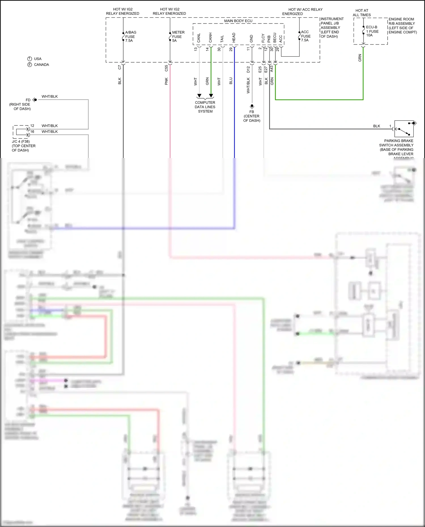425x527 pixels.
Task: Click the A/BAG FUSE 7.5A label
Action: (130, 37)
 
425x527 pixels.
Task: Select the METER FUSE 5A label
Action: (178, 37)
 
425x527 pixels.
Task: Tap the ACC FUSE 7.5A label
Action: (305, 36)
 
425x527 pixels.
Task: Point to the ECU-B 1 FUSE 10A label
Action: (372, 31)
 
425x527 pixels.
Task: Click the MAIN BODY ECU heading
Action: (238, 21)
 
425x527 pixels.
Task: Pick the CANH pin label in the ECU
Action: (211, 38)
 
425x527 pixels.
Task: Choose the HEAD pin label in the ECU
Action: (234, 38)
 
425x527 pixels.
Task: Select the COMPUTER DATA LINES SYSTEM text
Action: (205, 107)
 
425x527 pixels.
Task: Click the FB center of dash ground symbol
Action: (252, 106)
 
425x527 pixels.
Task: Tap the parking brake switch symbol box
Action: (404, 129)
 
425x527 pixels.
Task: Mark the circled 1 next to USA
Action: (29, 59)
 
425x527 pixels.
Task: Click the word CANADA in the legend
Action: (41, 65)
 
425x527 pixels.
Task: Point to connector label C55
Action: (166, 68)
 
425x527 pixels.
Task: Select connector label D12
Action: (248, 69)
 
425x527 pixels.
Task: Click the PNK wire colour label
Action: (166, 81)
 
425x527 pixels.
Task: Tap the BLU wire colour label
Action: (231, 81)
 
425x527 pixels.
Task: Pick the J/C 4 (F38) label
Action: (21, 142)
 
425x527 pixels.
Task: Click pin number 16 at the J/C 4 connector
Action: (32, 132)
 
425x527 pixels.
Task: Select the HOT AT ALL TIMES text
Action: (362, 13)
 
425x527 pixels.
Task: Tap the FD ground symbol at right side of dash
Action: (35, 100)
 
